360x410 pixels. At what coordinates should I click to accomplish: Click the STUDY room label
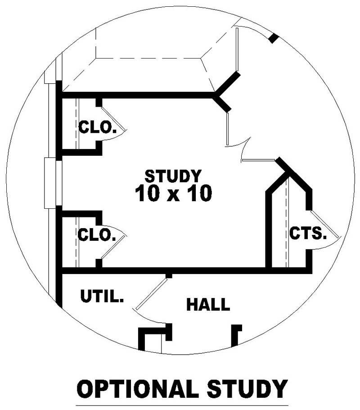[x=173, y=175]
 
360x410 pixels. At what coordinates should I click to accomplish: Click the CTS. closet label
[x=307, y=234]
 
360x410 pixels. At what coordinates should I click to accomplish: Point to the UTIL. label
[x=102, y=297]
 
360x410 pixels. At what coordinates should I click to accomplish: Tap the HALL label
[x=208, y=305]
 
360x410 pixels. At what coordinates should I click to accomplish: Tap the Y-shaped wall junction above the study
[x=219, y=95]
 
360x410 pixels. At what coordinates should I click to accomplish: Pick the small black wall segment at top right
[x=273, y=38]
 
